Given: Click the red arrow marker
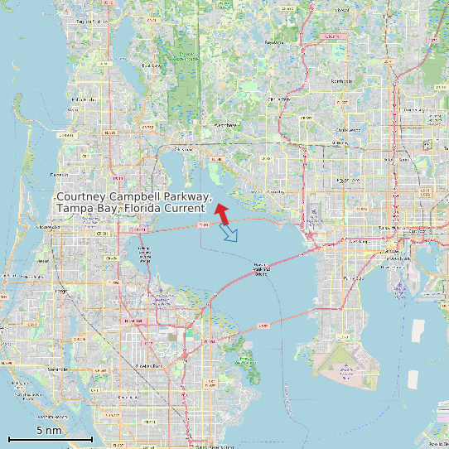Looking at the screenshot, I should [x=221, y=211].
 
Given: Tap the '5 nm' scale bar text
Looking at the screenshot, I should [x=49, y=431].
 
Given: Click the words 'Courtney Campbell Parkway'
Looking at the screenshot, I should [x=133, y=197].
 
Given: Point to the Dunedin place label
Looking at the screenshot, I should [x=59, y=175].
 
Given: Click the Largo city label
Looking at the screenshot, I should [x=60, y=292].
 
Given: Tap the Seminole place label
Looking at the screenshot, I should [x=57, y=369].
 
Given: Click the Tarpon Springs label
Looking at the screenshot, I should [x=91, y=22].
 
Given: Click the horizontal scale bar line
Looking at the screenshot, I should [x=50, y=438].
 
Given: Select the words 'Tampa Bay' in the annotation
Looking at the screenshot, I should [x=86, y=209].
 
